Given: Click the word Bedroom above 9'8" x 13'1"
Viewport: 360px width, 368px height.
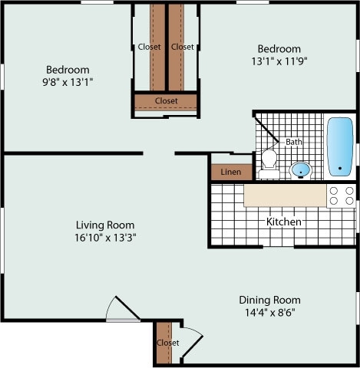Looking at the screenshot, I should pyautogui.click(x=68, y=69).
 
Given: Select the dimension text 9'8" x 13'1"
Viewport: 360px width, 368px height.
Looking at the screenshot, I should pyautogui.click(x=68, y=81).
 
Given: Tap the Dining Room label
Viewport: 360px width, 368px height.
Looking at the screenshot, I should pyautogui.click(x=269, y=300).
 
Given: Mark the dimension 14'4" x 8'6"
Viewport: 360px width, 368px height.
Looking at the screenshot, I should pyautogui.click(x=269, y=313).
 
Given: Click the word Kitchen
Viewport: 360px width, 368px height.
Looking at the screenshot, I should pyautogui.click(x=283, y=222).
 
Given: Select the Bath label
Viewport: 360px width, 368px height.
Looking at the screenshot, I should pyautogui.click(x=294, y=142).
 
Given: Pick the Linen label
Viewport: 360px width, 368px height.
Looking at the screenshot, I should pyautogui.click(x=230, y=172).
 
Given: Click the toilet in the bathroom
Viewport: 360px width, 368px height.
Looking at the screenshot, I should pyautogui.click(x=269, y=160).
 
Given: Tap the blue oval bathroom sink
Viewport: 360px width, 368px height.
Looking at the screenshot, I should pyautogui.click(x=301, y=169).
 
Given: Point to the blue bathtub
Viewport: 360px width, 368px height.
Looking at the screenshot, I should pyautogui.click(x=339, y=146).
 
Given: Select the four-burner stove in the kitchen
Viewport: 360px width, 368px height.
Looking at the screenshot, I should pyautogui.click(x=342, y=195).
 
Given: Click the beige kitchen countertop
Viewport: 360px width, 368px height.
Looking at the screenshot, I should pyautogui.click(x=285, y=195).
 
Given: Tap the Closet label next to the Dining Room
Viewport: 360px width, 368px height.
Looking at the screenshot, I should pyautogui.click(x=167, y=343).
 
